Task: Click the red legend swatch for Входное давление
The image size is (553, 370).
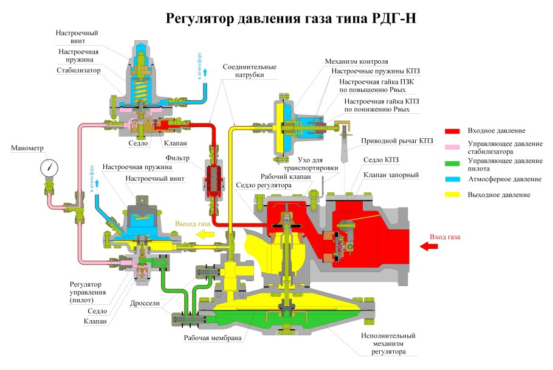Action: (x=452, y=131)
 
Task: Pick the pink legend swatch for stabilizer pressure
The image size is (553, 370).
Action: (x=452, y=147)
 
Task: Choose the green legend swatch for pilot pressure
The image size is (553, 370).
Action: (x=452, y=163)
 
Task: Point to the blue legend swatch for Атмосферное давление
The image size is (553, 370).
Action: (x=452, y=179)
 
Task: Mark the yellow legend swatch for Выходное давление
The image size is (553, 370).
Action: (x=452, y=195)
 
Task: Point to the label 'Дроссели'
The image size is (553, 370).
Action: (x=145, y=303)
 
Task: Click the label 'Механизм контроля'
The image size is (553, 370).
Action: (x=356, y=62)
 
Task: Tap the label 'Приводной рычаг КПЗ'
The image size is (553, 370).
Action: (x=397, y=141)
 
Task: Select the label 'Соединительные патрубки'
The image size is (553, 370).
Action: (x=250, y=71)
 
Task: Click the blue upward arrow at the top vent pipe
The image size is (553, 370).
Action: (x=205, y=73)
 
